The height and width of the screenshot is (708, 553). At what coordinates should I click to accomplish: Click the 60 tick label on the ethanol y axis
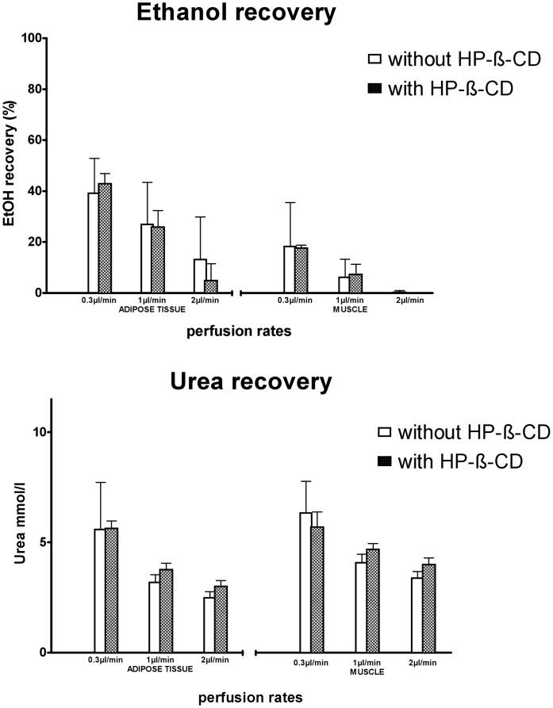33,140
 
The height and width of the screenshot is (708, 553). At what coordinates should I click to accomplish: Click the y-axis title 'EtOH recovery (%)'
10,165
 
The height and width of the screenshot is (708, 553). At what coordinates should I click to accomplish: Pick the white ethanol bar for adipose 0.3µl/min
93,243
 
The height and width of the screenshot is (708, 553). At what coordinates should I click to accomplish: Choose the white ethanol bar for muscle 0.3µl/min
289,270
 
